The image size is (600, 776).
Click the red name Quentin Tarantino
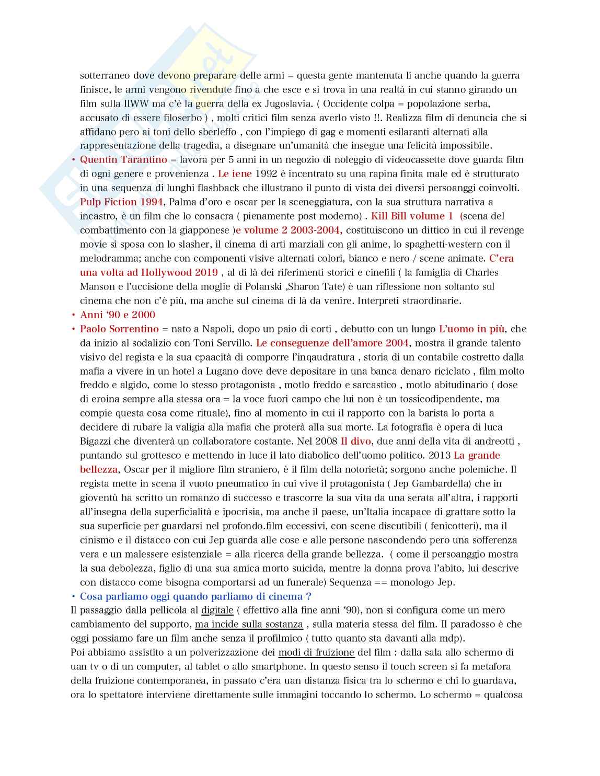[123, 159]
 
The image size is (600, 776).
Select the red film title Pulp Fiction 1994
[122, 202]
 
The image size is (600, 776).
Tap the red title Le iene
[235, 173]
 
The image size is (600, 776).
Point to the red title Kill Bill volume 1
[412, 216]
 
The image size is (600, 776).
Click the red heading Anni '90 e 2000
[118, 315]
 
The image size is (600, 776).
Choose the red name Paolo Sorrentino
[119, 329]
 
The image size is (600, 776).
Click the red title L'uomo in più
[472, 329]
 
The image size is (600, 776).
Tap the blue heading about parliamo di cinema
[196, 596]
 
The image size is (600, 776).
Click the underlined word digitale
[217, 610]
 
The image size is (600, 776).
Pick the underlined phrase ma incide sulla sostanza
[249, 624]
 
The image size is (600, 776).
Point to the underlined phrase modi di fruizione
[316, 652]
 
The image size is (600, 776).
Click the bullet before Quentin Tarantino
[73, 160]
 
